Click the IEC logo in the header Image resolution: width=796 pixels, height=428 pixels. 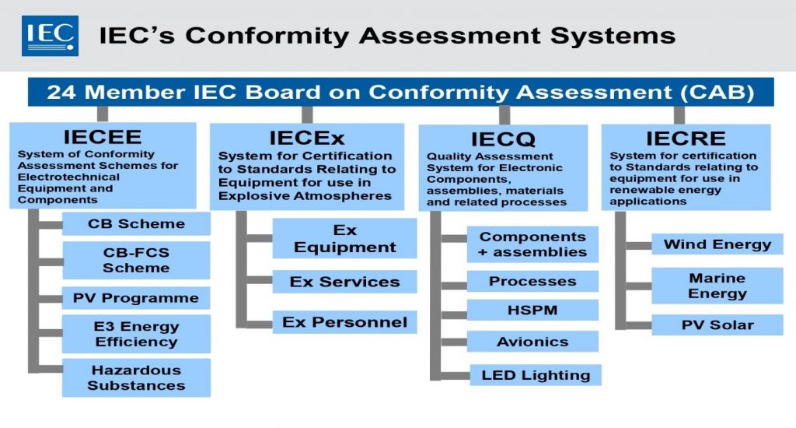pos(50,35)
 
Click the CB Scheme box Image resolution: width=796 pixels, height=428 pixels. pos(136,224)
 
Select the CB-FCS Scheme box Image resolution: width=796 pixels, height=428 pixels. pos(136,260)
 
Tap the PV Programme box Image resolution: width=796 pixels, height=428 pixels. pos(136,298)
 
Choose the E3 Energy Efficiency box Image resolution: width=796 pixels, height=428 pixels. pos(136,334)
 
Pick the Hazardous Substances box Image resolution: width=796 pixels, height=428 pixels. pos(136,377)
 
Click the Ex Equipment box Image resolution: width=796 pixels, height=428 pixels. pos(344,239)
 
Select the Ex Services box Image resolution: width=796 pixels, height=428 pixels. pos(344,282)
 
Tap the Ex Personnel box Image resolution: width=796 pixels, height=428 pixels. pos(344,322)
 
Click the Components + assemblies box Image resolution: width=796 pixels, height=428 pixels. pos(532,244)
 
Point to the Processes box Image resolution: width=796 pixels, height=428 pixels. pos(532,281)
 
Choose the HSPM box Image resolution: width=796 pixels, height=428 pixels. pos(532,310)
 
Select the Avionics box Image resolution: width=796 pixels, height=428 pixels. pos(532,342)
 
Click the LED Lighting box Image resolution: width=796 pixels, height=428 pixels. pos(536,375)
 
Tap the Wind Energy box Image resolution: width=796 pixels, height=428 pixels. pos(717,244)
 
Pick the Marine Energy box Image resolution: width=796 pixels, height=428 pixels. pos(717,286)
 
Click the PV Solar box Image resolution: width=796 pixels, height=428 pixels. pos(717,325)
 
